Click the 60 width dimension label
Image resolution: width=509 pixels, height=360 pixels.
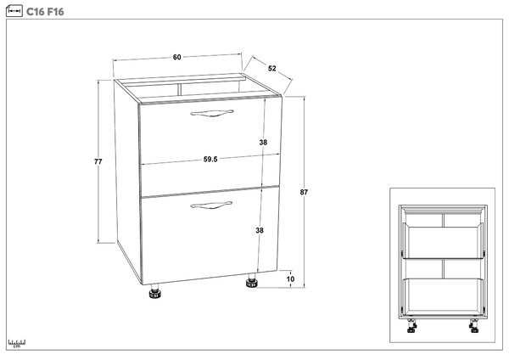177,57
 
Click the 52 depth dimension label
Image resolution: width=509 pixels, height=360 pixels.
272,68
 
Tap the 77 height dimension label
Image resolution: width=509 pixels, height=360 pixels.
98,161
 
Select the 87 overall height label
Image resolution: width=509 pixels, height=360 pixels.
304,192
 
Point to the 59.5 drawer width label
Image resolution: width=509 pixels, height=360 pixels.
210,160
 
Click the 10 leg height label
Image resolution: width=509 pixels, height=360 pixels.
290,279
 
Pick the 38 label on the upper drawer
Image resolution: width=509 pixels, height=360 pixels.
263,143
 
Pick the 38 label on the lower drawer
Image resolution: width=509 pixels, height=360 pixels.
260,230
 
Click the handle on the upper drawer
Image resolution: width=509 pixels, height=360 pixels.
212,113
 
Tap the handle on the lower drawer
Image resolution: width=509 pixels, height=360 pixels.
211,205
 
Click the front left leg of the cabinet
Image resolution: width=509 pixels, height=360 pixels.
155,291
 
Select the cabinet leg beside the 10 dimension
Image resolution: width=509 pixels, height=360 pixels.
251,281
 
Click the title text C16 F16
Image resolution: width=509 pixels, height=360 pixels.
45,12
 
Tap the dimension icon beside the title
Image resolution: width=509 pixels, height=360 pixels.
14,11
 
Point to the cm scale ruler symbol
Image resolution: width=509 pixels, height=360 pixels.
17,343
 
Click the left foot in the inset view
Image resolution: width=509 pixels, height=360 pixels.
411,325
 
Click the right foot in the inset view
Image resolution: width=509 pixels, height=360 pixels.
474,325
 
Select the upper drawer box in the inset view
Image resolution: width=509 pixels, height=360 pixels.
443,242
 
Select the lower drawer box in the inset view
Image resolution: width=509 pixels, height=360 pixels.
443,296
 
